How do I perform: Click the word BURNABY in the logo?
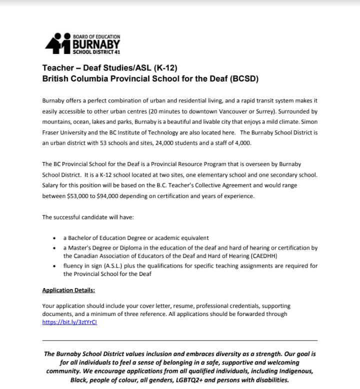(96, 43)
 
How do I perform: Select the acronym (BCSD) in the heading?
(243, 78)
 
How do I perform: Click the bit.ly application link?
(69, 322)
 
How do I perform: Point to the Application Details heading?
(68, 290)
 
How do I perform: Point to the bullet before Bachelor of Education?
(54, 238)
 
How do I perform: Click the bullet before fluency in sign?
(54, 266)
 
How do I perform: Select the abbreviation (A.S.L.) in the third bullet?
(115, 265)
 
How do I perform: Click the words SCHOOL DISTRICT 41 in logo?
(96, 51)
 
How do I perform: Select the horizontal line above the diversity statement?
(179, 340)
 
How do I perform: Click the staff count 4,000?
(243, 142)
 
